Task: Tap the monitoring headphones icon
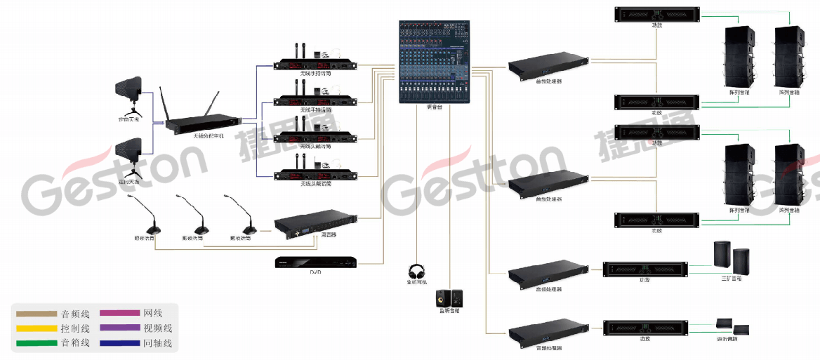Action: (417, 271)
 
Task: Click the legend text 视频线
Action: (158, 328)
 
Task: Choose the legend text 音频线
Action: (75, 313)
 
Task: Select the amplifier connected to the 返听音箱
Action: (645, 328)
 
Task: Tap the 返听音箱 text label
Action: (732, 338)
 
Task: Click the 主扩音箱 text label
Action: (732, 279)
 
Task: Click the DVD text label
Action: (315, 272)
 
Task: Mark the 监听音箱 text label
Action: (449, 310)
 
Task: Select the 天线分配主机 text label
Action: (208, 136)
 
